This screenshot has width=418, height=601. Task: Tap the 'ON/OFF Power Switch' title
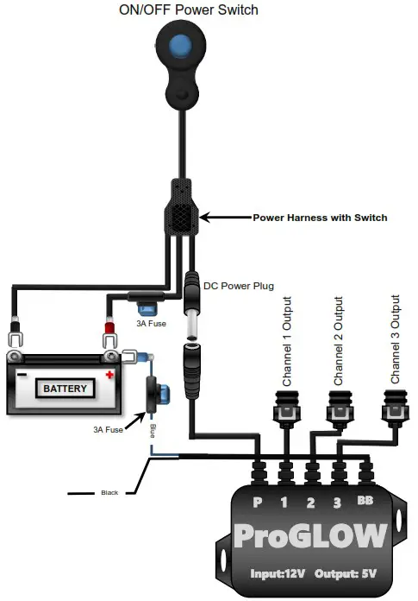pos(188,10)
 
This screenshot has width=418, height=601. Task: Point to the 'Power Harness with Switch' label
pos(319,218)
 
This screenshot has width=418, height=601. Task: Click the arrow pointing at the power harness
pos(225,218)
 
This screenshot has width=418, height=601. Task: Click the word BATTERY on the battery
pos(66,389)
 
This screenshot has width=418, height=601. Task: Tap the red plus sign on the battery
pos(109,376)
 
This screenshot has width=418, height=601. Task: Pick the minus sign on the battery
pos(22,376)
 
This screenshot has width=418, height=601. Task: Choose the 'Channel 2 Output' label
pos(339,340)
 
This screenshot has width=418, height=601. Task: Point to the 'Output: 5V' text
pos(353,573)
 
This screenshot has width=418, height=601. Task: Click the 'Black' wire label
pos(109,493)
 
